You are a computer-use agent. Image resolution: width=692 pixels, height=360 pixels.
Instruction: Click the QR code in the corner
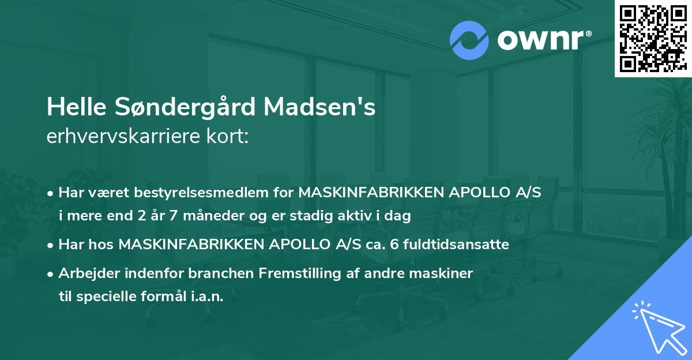click(x=653, y=39)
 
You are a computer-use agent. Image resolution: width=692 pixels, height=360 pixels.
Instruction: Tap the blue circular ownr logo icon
click(x=468, y=41)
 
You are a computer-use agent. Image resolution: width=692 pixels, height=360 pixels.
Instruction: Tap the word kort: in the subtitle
click(x=228, y=137)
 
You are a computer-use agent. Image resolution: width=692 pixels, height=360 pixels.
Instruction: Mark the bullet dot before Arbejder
click(x=51, y=273)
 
